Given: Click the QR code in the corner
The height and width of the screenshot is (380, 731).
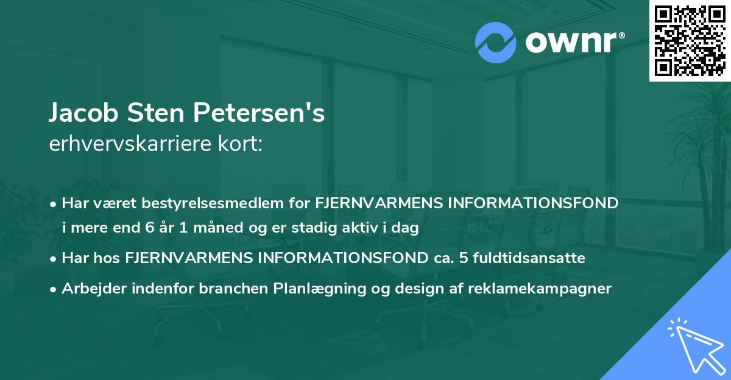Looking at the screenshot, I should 690,41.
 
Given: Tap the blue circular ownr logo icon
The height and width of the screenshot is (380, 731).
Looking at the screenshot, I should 495,43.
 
